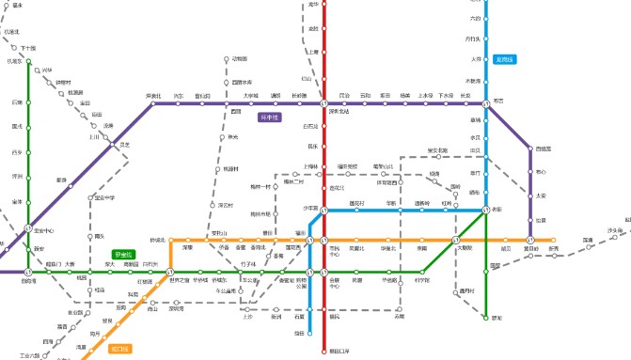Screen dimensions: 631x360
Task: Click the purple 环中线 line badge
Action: coord(270,118)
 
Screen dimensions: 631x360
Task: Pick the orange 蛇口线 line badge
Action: coord(120,348)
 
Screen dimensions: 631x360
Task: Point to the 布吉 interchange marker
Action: coord(486,103)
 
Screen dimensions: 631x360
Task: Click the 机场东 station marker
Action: coord(28,61)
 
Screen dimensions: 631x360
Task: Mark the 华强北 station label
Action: coord(387,248)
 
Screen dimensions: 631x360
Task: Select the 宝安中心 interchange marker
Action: coord(28,227)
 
